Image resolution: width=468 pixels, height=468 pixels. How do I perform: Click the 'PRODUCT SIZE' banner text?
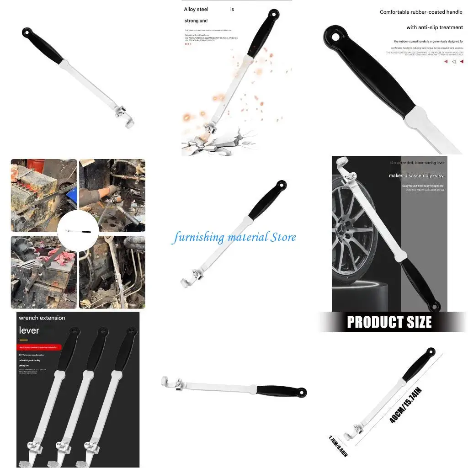coord(389,322)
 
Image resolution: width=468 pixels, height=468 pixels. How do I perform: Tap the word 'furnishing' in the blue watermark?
coord(198,238)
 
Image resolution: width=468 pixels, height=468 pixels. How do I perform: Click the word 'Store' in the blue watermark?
coord(283,237)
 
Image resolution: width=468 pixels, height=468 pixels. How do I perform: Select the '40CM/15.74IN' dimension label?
coord(405,405)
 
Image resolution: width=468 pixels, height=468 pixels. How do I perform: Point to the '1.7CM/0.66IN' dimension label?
coord(338,447)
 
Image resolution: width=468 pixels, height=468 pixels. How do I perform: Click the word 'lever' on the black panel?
coord(29,330)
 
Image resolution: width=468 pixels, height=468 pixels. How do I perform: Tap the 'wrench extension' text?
coord(42,318)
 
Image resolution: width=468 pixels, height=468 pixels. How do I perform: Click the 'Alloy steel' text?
coord(197,9)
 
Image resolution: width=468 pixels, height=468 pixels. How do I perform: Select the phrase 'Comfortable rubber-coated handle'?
coord(421,12)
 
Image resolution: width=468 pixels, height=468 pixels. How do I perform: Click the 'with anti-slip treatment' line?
coord(435,27)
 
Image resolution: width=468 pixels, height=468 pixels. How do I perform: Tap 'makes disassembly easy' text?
coord(416,175)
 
